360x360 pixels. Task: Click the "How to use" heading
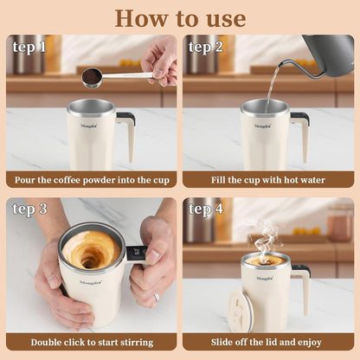point(180,16)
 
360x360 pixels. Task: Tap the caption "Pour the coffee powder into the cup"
point(91,181)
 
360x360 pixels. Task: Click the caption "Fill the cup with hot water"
point(268,181)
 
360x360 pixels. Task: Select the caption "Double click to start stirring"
point(91,343)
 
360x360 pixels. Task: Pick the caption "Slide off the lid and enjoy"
point(268,343)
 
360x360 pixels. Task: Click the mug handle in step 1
point(126,133)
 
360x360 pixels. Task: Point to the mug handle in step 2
point(302,133)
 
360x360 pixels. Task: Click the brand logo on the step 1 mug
point(90,125)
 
